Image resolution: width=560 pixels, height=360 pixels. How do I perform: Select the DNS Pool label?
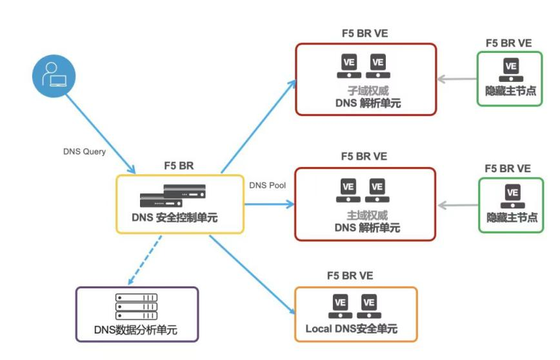point(266,185)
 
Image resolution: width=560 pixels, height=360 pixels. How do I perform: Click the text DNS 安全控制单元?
point(179,218)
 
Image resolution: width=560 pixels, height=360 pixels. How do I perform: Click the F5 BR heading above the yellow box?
point(179,166)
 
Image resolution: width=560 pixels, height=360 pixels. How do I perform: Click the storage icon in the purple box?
point(136,306)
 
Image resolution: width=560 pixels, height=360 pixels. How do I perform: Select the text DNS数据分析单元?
point(136,330)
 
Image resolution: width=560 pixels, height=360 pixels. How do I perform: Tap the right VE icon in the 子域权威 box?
point(378,65)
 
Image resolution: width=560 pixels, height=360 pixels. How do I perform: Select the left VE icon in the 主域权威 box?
point(348,190)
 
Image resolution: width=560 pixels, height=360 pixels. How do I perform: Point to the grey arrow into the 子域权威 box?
point(457,80)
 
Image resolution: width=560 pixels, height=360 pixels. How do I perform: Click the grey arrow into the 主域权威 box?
point(457,205)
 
